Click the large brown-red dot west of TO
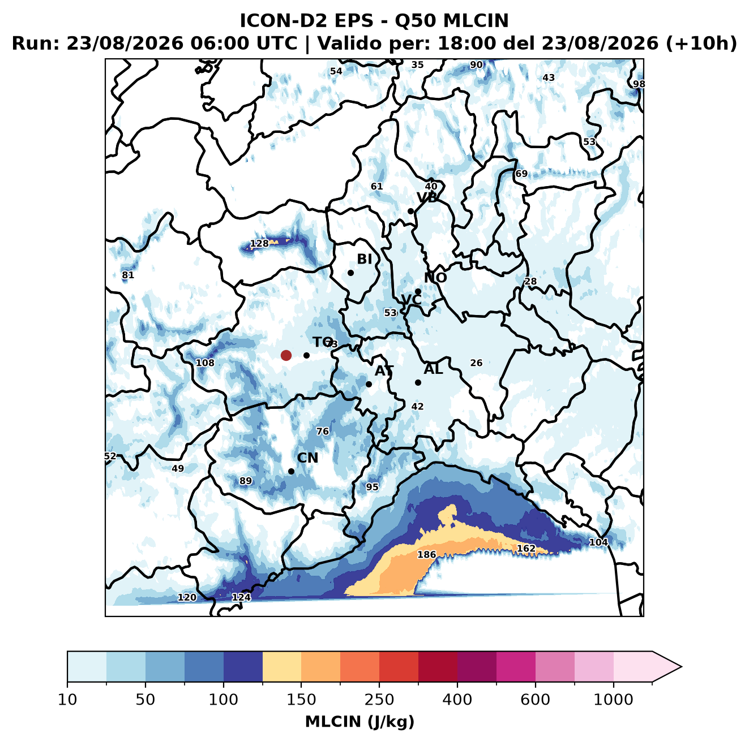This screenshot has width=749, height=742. pyautogui.click(x=286, y=355)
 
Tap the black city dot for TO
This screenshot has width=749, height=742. pyautogui.click(x=306, y=355)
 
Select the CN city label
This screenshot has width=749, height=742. pyautogui.click(x=307, y=458)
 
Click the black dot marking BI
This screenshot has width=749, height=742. pyautogui.click(x=350, y=273)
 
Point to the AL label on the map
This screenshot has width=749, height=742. pyautogui.click(x=434, y=369)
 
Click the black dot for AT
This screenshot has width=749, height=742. pyautogui.click(x=369, y=384)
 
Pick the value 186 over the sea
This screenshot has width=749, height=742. pyautogui.click(x=426, y=554)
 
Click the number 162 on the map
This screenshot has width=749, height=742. pyautogui.click(x=526, y=548)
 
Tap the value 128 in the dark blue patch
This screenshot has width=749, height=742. pyautogui.click(x=259, y=243)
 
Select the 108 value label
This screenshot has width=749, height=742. pyautogui.click(x=205, y=363)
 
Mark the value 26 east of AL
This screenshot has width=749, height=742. pyautogui.click(x=476, y=363)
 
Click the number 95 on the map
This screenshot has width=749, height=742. pyautogui.click(x=372, y=486)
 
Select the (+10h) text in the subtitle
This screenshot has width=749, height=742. pyautogui.click(x=701, y=44)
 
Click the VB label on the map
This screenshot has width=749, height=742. pyautogui.click(x=427, y=197)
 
